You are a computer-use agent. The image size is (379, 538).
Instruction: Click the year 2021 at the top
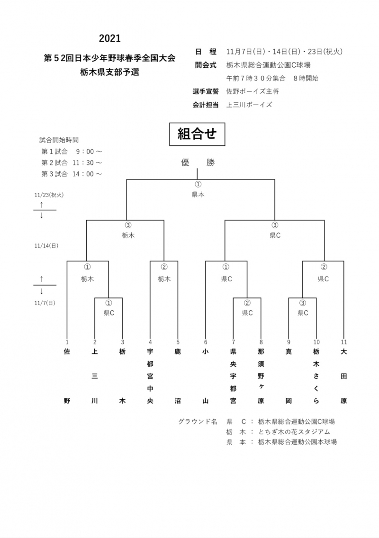coord(110,38)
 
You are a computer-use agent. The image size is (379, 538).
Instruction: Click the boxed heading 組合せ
coord(197,134)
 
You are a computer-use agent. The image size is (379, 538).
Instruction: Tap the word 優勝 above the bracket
coord(198,162)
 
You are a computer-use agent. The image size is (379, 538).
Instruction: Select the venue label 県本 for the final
coord(198,194)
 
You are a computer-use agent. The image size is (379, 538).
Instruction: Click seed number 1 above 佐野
coord(67,342)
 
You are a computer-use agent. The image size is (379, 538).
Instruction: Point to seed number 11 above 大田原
coord(344,342)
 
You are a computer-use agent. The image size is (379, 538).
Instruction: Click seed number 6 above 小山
coord(206,342)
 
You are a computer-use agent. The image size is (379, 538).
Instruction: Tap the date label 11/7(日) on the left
coord(45,303)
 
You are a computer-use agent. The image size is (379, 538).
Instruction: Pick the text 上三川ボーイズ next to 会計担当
coord(249,105)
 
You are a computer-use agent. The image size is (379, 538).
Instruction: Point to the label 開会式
coord(206,65)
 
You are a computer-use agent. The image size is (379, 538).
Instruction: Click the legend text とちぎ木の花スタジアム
coord(294,431)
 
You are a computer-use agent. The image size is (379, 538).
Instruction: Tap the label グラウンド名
coord(198,421)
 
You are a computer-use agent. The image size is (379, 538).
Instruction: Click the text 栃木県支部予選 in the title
coord(110,72)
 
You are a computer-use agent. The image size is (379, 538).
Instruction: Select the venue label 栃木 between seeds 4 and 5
coord(164,279)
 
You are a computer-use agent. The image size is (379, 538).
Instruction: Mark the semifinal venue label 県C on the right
coord(275,235)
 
